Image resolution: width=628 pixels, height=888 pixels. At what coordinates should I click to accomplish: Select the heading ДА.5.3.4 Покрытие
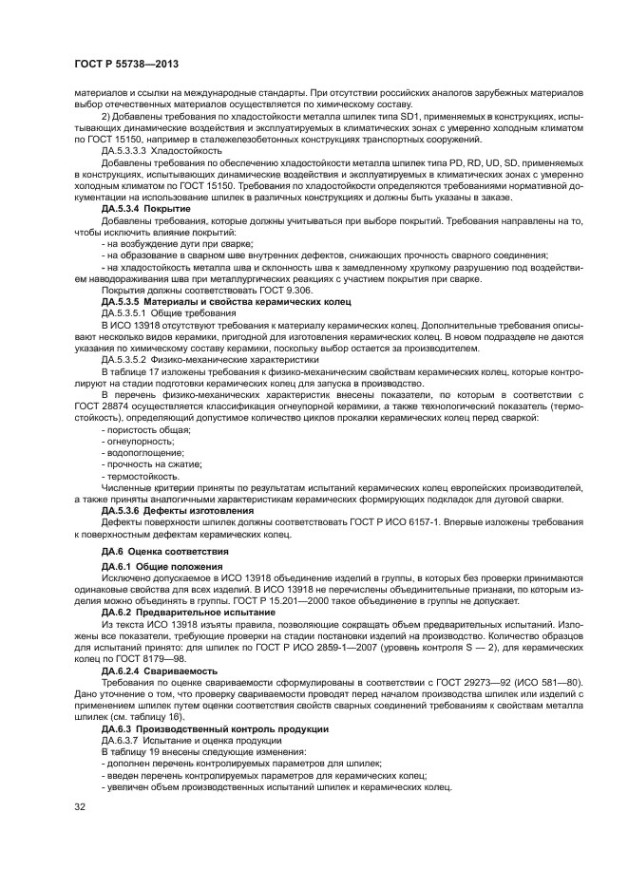pyautogui.click(x=146, y=208)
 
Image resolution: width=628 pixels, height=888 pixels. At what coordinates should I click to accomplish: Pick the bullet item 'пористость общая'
pyautogui.click(x=143, y=430)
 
